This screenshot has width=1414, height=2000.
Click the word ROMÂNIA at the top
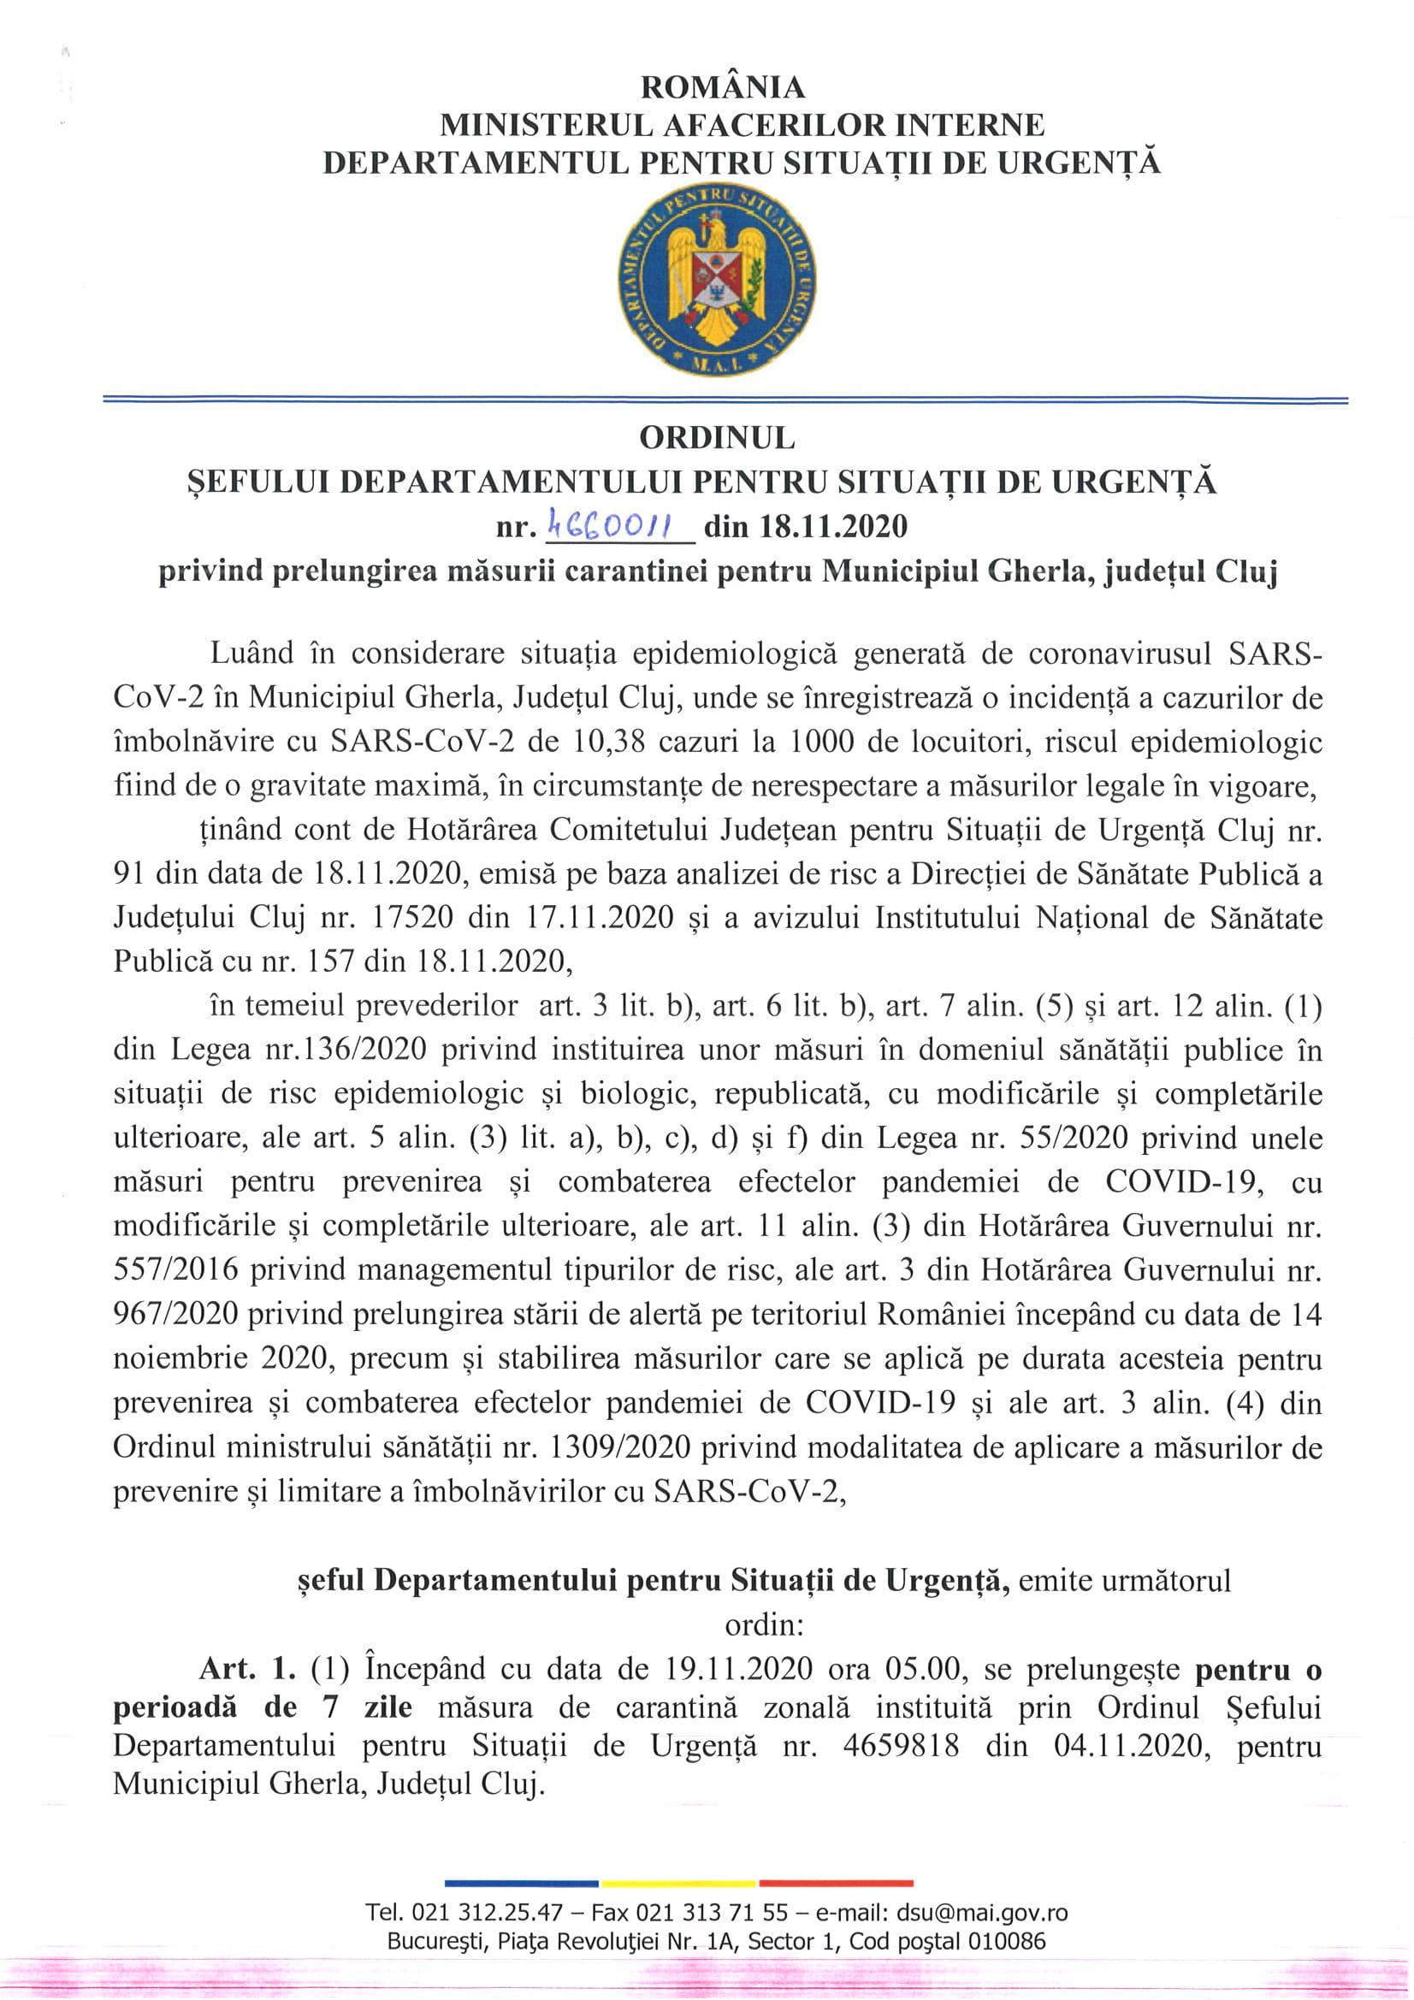click(723, 87)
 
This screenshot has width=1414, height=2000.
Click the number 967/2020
click(176, 1314)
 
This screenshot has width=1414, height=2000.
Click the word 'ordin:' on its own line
click(756, 1624)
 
